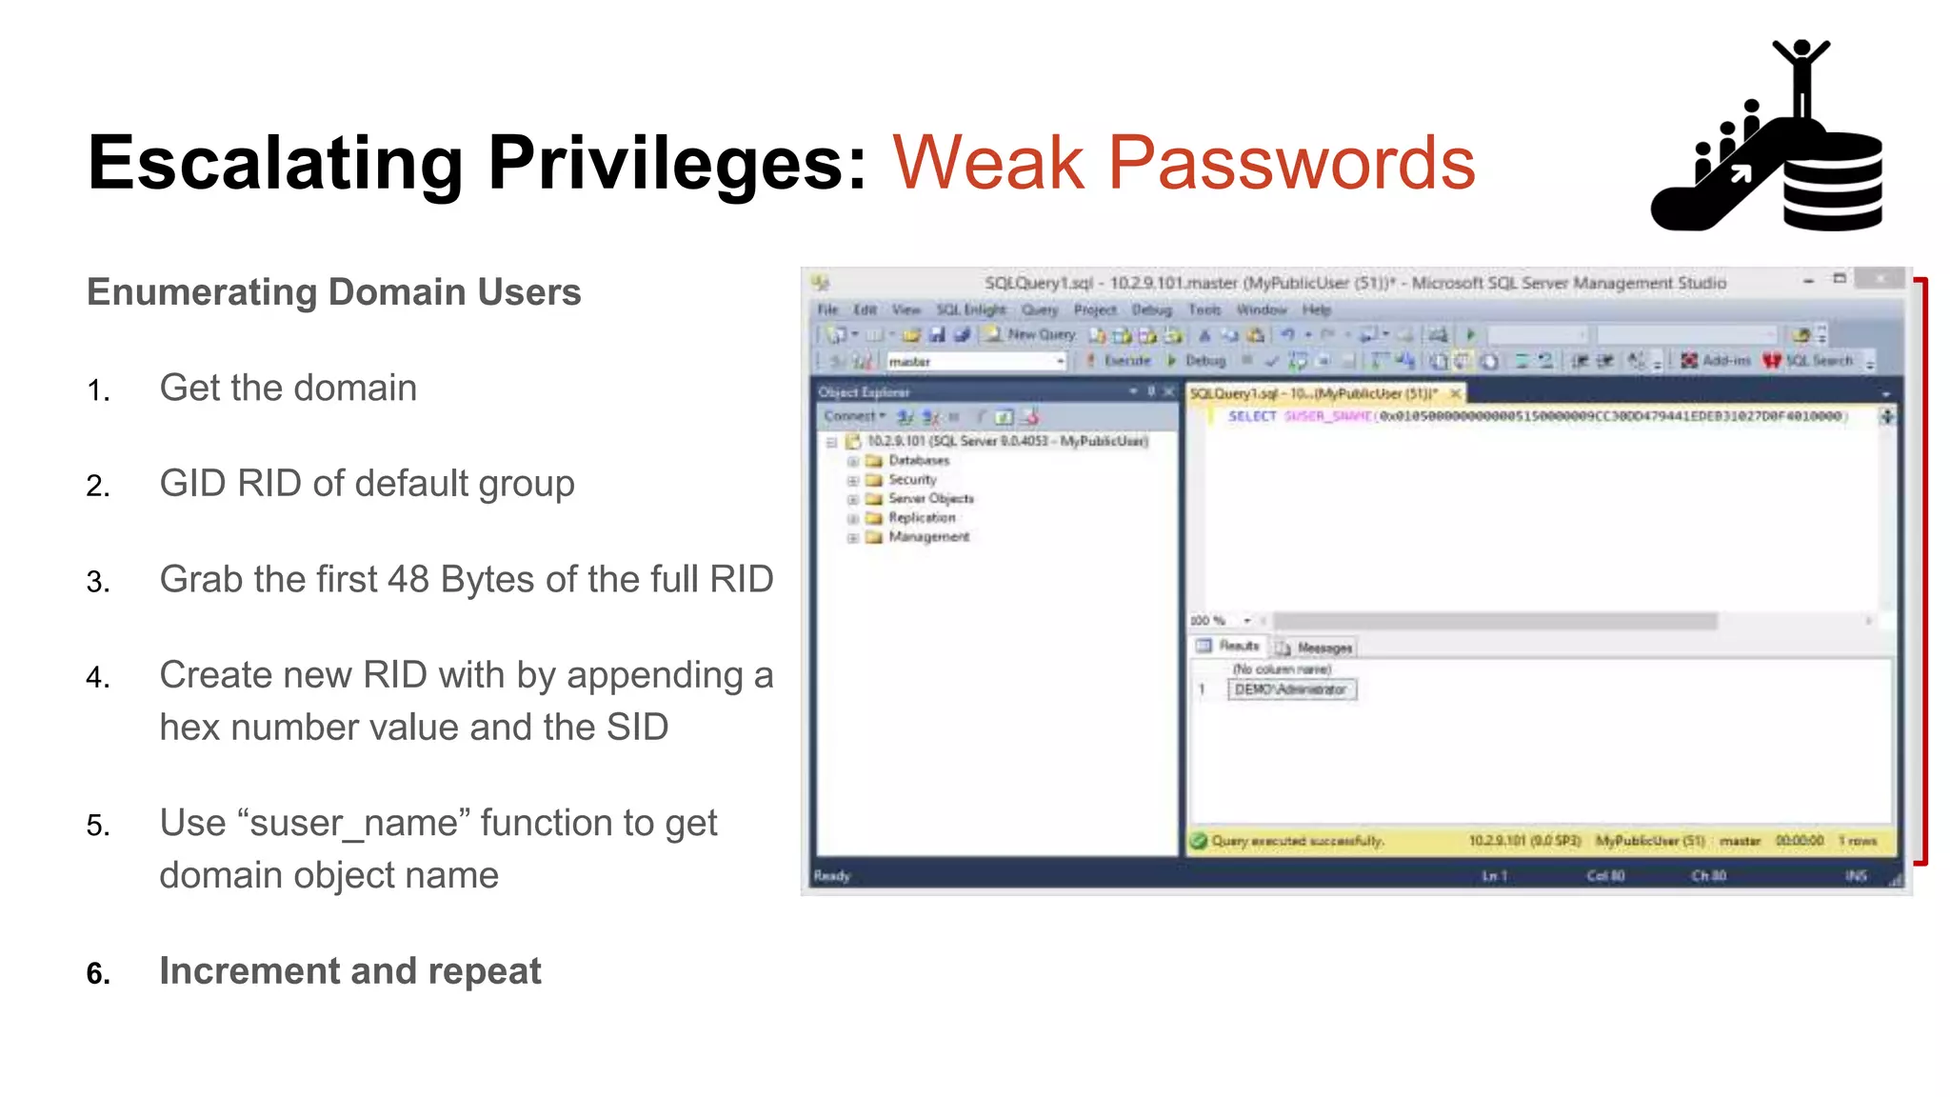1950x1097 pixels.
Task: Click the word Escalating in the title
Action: tap(274, 164)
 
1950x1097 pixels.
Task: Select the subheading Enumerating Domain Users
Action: tap(333, 292)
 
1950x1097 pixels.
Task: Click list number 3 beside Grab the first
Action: tap(98, 582)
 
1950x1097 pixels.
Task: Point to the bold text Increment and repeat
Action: tap(349, 971)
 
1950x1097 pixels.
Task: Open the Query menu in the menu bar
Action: tap(1040, 309)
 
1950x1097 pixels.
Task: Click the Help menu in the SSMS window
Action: tap(1316, 309)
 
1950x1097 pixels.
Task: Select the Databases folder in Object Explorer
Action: tap(918, 461)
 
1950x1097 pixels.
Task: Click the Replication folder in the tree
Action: tap(921, 518)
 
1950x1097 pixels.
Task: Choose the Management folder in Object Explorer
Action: tap(928, 537)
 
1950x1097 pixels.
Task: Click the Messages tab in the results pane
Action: tap(1323, 648)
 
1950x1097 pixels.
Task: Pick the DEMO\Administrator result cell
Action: tap(1291, 689)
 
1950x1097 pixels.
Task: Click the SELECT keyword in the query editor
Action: tap(1251, 416)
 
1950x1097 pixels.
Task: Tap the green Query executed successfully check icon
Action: tap(1199, 841)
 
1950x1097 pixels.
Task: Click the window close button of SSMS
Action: tap(1880, 279)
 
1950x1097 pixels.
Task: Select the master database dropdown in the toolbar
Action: tap(975, 362)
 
